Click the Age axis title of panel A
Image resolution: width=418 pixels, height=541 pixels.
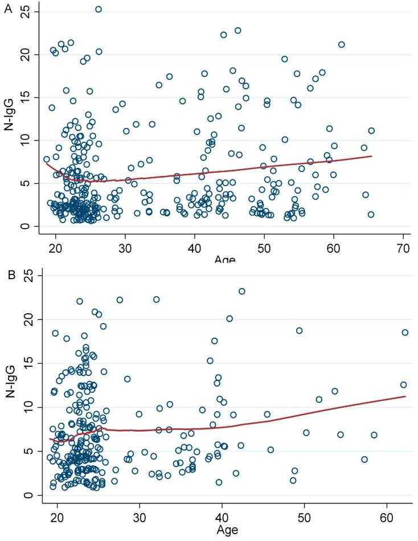pyautogui.click(x=226, y=260)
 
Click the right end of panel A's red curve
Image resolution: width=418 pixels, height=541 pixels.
pyautogui.click(x=372, y=156)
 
